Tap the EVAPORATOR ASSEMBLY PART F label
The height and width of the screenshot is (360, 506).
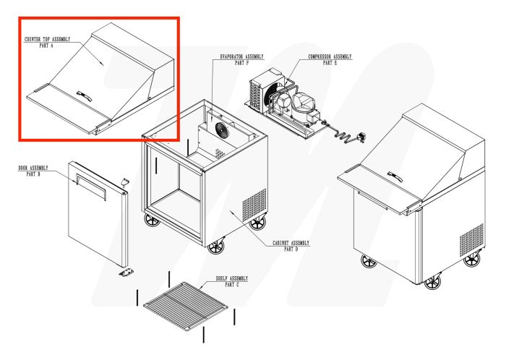241,59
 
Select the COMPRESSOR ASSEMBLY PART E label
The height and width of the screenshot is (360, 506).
329,59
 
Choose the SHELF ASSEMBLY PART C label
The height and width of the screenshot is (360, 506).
231,281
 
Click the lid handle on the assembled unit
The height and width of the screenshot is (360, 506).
394,175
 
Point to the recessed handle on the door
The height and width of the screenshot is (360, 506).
90,186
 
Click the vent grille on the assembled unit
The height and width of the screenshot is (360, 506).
472,239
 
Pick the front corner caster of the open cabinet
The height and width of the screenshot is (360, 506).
216,247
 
